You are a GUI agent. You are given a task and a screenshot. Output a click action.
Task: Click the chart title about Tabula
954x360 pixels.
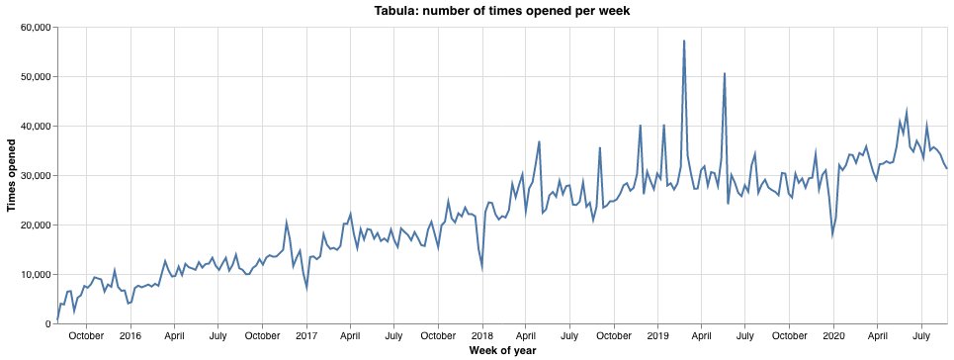point(502,11)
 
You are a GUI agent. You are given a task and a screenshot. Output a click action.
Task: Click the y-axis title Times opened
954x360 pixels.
point(12,175)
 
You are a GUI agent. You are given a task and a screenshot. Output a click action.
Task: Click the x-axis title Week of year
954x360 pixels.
point(502,351)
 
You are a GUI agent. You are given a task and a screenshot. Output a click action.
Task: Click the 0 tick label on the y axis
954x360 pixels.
point(47,323)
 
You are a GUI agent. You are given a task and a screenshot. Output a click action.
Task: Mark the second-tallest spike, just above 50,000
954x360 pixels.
point(725,73)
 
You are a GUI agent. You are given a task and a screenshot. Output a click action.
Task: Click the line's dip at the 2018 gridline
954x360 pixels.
point(481,268)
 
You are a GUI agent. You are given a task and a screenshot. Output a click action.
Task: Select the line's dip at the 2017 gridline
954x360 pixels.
point(306,288)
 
